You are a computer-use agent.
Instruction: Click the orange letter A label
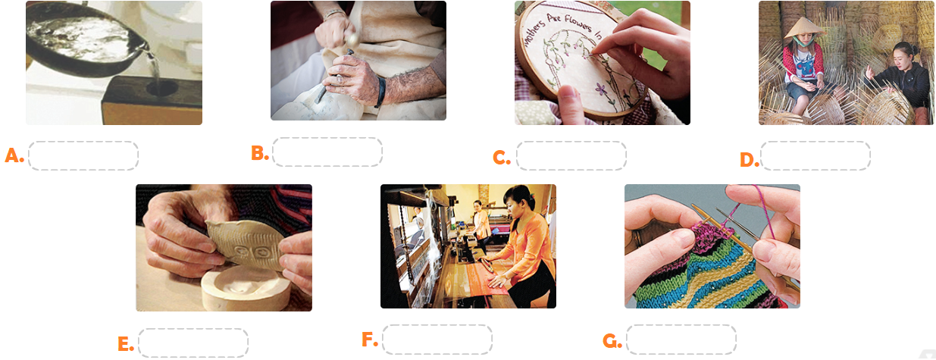point(14,155)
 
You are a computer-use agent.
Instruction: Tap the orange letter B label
point(259,153)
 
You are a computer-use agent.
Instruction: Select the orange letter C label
point(502,157)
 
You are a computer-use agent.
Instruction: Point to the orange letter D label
point(750,159)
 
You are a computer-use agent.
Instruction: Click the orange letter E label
point(126,344)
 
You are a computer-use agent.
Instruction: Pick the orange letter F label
point(369,340)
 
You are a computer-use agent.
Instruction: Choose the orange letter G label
point(612,341)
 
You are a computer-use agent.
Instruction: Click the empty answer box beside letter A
point(83,156)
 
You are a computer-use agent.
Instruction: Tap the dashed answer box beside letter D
point(815,156)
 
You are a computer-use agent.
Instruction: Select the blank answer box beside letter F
point(437,340)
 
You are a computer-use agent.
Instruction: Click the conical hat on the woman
point(804,27)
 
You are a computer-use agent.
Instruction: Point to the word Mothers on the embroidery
point(534,33)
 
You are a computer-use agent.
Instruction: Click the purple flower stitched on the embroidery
point(601,89)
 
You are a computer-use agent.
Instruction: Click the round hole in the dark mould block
point(161,89)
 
